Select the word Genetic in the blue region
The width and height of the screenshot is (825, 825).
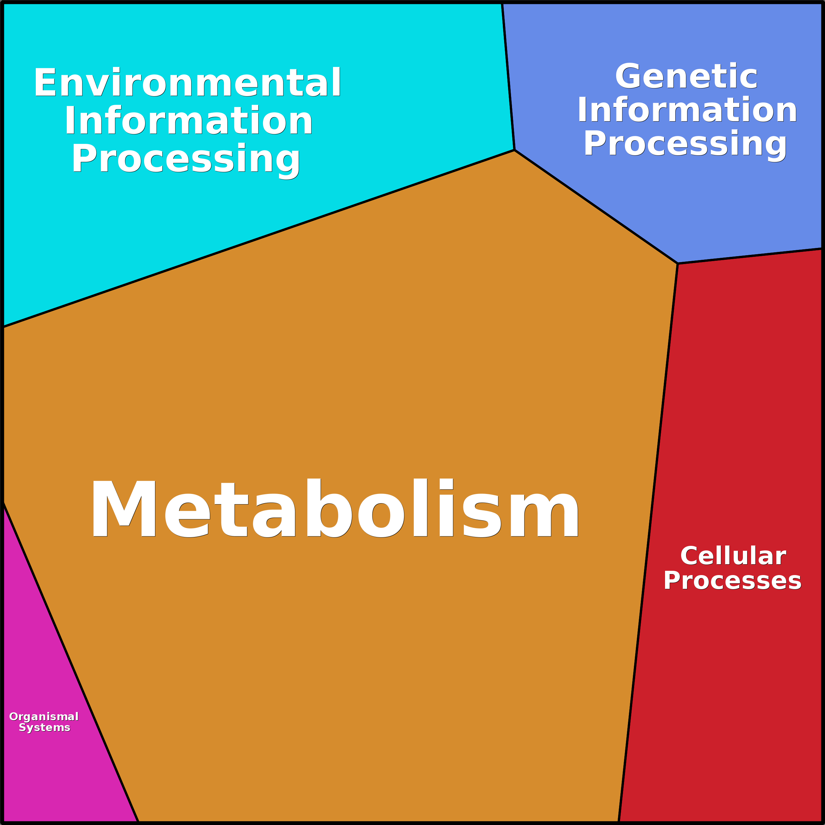pos(686,77)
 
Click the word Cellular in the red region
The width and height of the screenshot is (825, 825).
pos(733,556)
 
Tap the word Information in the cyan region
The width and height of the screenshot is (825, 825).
pos(188,121)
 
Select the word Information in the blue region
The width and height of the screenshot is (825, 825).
pos(687,110)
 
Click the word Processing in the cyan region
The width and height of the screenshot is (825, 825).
pos(186,159)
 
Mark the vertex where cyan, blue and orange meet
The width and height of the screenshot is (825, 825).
pos(515,150)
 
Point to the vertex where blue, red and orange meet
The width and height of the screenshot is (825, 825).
pos(678,263)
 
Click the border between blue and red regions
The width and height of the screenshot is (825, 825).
pos(750,256)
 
